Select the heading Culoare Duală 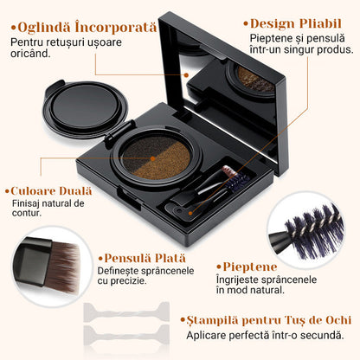click(49, 190)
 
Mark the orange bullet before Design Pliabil click(246, 24)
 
